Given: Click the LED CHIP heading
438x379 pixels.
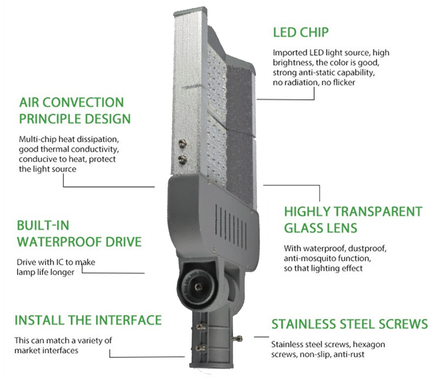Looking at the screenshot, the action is (301, 32).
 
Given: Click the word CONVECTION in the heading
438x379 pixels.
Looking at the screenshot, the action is (83, 103).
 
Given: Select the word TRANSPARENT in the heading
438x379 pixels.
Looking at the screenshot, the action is (378, 212).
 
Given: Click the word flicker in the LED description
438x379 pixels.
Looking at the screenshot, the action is (344, 83).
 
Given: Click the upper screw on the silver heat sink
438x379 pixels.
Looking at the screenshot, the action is (182, 143).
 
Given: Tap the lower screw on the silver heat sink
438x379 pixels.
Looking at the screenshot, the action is (183, 159).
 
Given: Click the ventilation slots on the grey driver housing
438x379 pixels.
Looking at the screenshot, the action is (231, 226).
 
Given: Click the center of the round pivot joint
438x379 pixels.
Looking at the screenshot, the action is (199, 286).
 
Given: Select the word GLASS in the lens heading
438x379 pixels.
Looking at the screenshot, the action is (303, 228).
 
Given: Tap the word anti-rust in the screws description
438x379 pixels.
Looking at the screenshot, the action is (349, 355).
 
